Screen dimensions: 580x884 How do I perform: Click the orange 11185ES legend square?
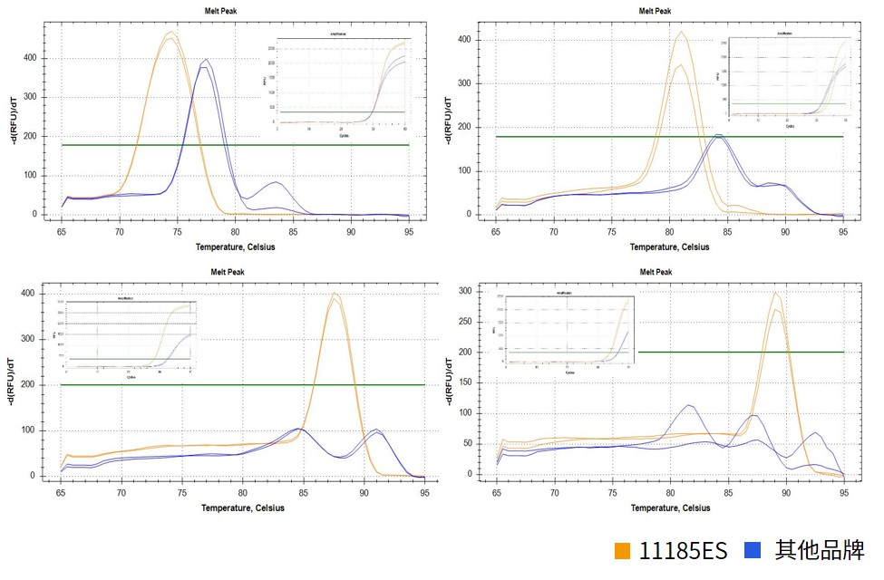(x=622, y=550)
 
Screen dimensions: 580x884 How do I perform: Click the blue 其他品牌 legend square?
(x=752, y=550)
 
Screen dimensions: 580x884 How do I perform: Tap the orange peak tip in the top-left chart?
(x=170, y=33)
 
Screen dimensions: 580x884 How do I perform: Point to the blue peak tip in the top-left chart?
(x=208, y=61)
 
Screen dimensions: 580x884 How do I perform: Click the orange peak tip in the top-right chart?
(x=681, y=33)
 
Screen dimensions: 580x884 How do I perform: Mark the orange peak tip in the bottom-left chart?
(x=335, y=293)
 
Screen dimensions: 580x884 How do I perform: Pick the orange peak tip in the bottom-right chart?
(x=775, y=293)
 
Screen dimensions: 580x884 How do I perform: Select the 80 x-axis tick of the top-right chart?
(x=670, y=233)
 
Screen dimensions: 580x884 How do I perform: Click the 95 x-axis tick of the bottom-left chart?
(x=424, y=494)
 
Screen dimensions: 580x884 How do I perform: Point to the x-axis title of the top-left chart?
(x=236, y=246)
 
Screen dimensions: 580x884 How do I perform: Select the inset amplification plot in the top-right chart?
(x=786, y=79)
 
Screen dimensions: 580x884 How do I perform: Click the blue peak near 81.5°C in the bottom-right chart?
(x=689, y=405)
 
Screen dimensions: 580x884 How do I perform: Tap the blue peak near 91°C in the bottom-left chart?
(x=375, y=430)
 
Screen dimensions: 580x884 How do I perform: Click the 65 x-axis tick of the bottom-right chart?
(x=497, y=494)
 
